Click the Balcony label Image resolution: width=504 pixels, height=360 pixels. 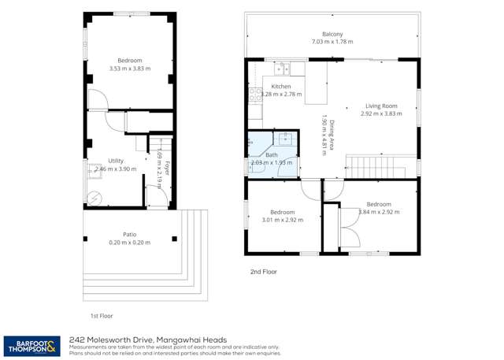[x=332, y=34]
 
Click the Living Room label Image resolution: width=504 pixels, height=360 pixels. [x=381, y=106]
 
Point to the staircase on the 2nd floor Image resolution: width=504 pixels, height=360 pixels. [x=376, y=166]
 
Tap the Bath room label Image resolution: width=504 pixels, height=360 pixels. [x=271, y=155]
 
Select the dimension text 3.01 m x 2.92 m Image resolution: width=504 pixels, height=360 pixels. [x=282, y=221]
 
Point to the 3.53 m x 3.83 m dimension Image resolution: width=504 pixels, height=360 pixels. [x=129, y=69]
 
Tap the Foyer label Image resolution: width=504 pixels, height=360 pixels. [x=167, y=167]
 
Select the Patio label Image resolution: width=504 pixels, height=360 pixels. [x=129, y=234]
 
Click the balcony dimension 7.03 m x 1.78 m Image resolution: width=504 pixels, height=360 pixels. [x=332, y=42]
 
